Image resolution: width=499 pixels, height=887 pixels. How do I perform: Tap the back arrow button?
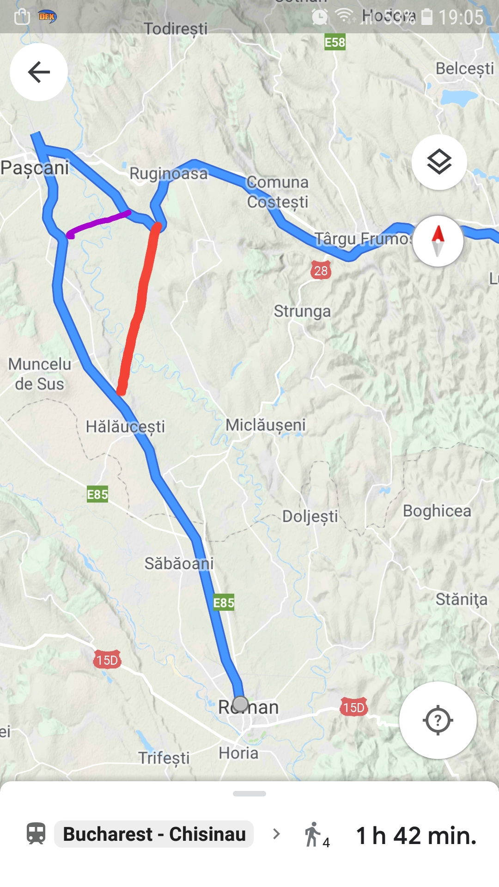[x=39, y=72]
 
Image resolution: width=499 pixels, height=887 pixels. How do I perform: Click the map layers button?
[x=439, y=162]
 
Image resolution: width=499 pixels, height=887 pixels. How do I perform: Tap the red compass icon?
[x=438, y=241]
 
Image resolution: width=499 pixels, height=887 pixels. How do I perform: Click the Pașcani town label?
[x=35, y=167]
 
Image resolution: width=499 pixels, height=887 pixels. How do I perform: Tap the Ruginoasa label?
[x=169, y=174]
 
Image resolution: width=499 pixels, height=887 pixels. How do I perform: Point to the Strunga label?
[x=302, y=311]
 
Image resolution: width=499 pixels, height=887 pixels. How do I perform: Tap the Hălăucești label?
[x=125, y=426]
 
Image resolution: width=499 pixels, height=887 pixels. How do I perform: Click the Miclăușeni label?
[x=266, y=425]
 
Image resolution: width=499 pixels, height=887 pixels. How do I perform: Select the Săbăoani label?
[x=179, y=564]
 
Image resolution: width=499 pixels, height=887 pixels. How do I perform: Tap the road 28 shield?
[x=321, y=270]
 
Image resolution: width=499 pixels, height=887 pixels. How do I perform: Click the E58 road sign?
[x=335, y=43]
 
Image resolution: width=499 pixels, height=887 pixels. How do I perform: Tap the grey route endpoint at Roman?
[x=240, y=704]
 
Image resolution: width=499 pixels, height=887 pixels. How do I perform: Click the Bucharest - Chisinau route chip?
[x=154, y=834]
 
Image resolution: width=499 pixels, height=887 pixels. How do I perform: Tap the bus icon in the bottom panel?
[x=36, y=834]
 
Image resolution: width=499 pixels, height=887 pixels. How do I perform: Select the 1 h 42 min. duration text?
[x=416, y=835]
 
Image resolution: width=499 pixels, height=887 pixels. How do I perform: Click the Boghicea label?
[x=437, y=511]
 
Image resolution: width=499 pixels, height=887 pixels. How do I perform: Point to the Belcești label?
[x=464, y=68]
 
